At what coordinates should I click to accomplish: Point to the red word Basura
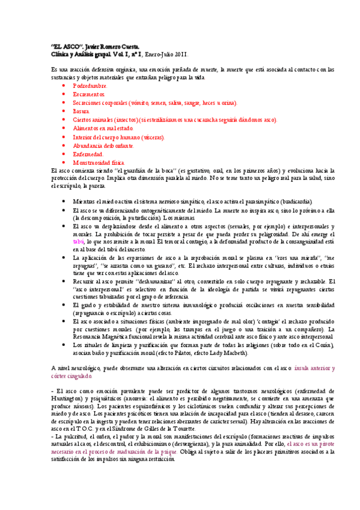pyautogui.click(x=81, y=111)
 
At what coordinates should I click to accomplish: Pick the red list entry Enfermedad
pyautogui.click(x=88, y=154)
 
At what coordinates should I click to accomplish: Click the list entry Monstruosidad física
pyautogui.click(x=99, y=162)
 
